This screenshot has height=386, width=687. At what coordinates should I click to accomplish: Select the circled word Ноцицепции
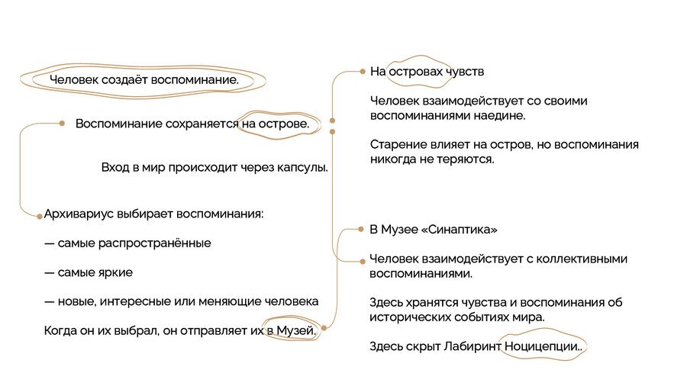[541, 346]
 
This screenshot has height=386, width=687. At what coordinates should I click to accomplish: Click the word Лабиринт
[473, 346]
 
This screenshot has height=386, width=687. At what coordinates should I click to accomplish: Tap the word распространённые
[154, 243]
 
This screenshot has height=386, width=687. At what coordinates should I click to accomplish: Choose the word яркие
[116, 272]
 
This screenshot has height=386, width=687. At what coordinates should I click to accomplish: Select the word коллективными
[582, 259]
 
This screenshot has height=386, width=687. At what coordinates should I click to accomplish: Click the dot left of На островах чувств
[363, 72]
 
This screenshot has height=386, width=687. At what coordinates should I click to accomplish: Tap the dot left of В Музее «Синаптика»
[360, 229]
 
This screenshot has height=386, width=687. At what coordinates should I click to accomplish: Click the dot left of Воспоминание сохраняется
[63, 124]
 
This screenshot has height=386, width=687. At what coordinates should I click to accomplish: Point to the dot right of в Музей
[324, 328]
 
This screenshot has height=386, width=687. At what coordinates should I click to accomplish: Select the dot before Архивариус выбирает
[40, 216]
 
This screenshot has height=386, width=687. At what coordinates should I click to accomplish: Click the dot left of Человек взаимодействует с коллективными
[363, 261]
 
